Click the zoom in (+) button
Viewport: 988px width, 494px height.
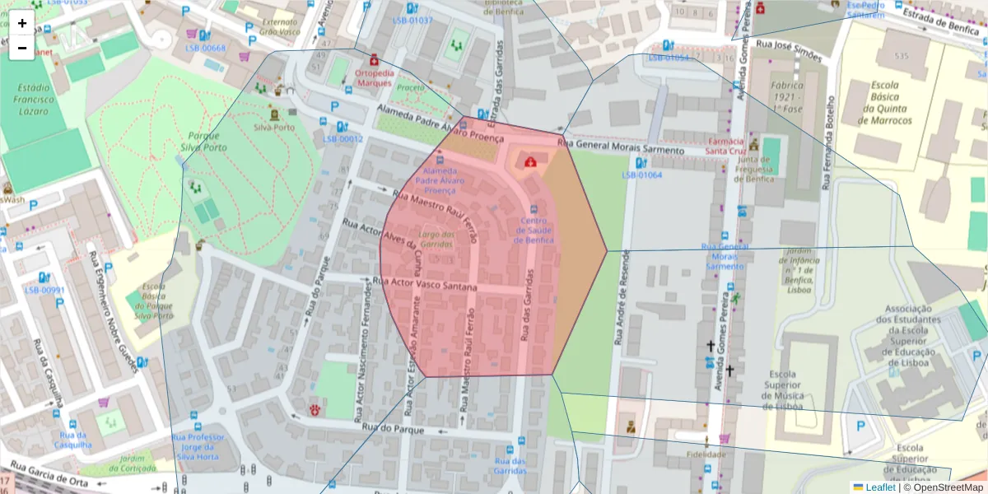(22, 23)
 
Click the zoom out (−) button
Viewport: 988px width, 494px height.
(22, 48)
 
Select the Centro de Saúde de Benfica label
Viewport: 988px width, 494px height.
(534, 231)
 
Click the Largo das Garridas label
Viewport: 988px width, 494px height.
(437, 240)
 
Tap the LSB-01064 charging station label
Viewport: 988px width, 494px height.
(641, 175)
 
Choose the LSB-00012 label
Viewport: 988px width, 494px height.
(343, 139)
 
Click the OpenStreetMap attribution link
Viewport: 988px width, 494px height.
(948, 487)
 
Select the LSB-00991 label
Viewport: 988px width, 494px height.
(44, 290)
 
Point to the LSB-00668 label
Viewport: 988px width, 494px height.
(206, 49)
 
